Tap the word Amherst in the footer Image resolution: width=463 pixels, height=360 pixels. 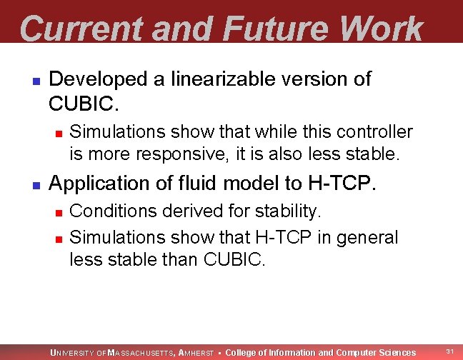195,353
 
